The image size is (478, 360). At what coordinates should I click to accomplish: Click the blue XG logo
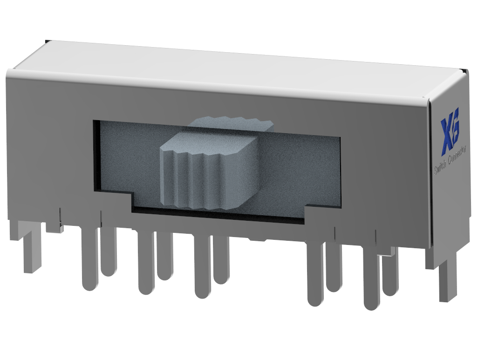(x=450, y=131)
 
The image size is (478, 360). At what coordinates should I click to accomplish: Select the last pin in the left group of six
(x=221, y=261)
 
